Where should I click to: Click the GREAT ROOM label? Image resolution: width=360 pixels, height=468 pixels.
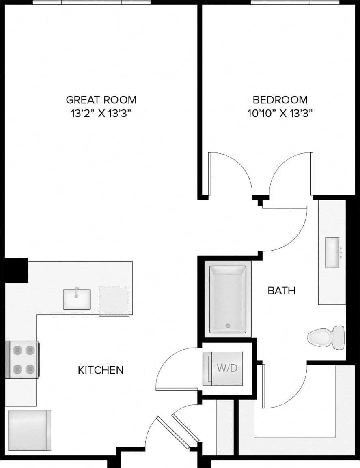101,99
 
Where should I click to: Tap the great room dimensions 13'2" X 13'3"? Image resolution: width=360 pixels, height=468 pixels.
101,114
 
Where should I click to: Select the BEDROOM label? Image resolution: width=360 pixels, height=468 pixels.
280,99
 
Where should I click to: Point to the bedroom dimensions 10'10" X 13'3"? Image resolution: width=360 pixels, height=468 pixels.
280,114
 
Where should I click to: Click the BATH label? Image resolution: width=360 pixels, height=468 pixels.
281,290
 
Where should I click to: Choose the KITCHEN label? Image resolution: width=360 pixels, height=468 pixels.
101,370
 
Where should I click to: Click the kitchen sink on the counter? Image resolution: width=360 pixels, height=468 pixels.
77,299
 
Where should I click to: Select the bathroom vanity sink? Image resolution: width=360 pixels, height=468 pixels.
332,253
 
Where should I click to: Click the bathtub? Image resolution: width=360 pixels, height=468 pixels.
227,299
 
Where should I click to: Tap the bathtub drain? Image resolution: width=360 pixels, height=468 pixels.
228,325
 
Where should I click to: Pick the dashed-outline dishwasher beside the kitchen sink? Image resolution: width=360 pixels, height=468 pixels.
114,301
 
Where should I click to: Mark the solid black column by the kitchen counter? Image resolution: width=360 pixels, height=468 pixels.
16,270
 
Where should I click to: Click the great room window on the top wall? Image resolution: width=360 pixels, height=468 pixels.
92,2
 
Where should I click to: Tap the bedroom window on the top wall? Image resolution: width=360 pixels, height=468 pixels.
295,2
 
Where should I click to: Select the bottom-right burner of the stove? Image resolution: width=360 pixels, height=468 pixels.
30,369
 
